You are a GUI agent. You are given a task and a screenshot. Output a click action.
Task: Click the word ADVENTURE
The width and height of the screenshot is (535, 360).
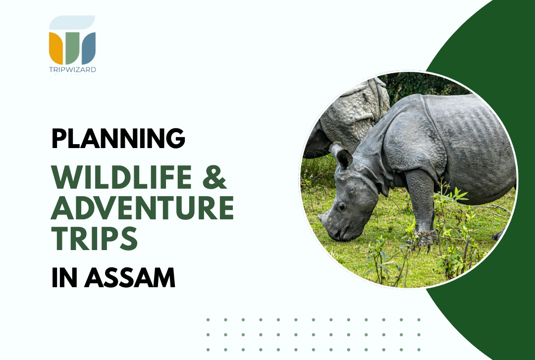pyautogui.click(x=143, y=207)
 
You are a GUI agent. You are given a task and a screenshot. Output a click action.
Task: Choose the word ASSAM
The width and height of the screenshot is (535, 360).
pyautogui.click(x=130, y=278)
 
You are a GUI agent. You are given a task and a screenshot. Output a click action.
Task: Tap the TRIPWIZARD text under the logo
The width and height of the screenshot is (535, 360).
pyautogui.click(x=72, y=70)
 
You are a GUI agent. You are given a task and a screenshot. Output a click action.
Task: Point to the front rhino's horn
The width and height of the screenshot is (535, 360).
pyautogui.click(x=322, y=216)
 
